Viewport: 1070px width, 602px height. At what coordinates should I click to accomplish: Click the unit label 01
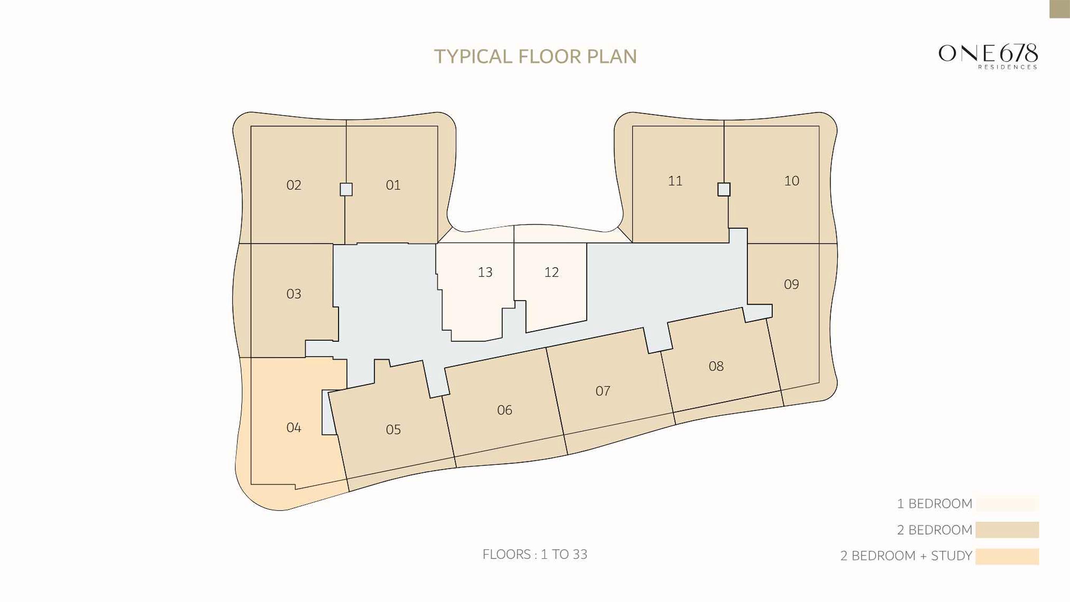[x=393, y=185]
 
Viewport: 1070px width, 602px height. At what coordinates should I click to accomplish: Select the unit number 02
[x=293, y=185]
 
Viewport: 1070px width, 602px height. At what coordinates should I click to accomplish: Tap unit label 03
[x=293, y=294]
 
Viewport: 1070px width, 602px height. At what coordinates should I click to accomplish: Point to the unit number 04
[x=293, y=427]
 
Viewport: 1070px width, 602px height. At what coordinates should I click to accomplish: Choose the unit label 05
[x=393, y=429]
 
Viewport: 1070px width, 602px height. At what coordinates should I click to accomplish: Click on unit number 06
[x=505, y=410]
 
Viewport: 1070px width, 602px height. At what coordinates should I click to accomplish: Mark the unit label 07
[x=603, y=391]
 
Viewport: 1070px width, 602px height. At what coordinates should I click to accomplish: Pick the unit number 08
[x=716, y=366]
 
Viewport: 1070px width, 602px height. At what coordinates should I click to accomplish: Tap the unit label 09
[x=791, y=284]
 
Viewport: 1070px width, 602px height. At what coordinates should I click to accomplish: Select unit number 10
[x=791, y=181]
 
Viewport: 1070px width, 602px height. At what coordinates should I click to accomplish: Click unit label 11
[x=675, y=181]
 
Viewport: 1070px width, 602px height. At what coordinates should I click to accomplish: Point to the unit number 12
[x=551, y=272]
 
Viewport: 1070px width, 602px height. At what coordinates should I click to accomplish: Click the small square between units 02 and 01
[x=346, y=190]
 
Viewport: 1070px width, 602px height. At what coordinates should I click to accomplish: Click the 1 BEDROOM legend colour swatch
[x=1007, y=503]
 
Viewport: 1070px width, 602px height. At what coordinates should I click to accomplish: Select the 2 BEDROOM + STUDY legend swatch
[x=1007, y=556]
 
